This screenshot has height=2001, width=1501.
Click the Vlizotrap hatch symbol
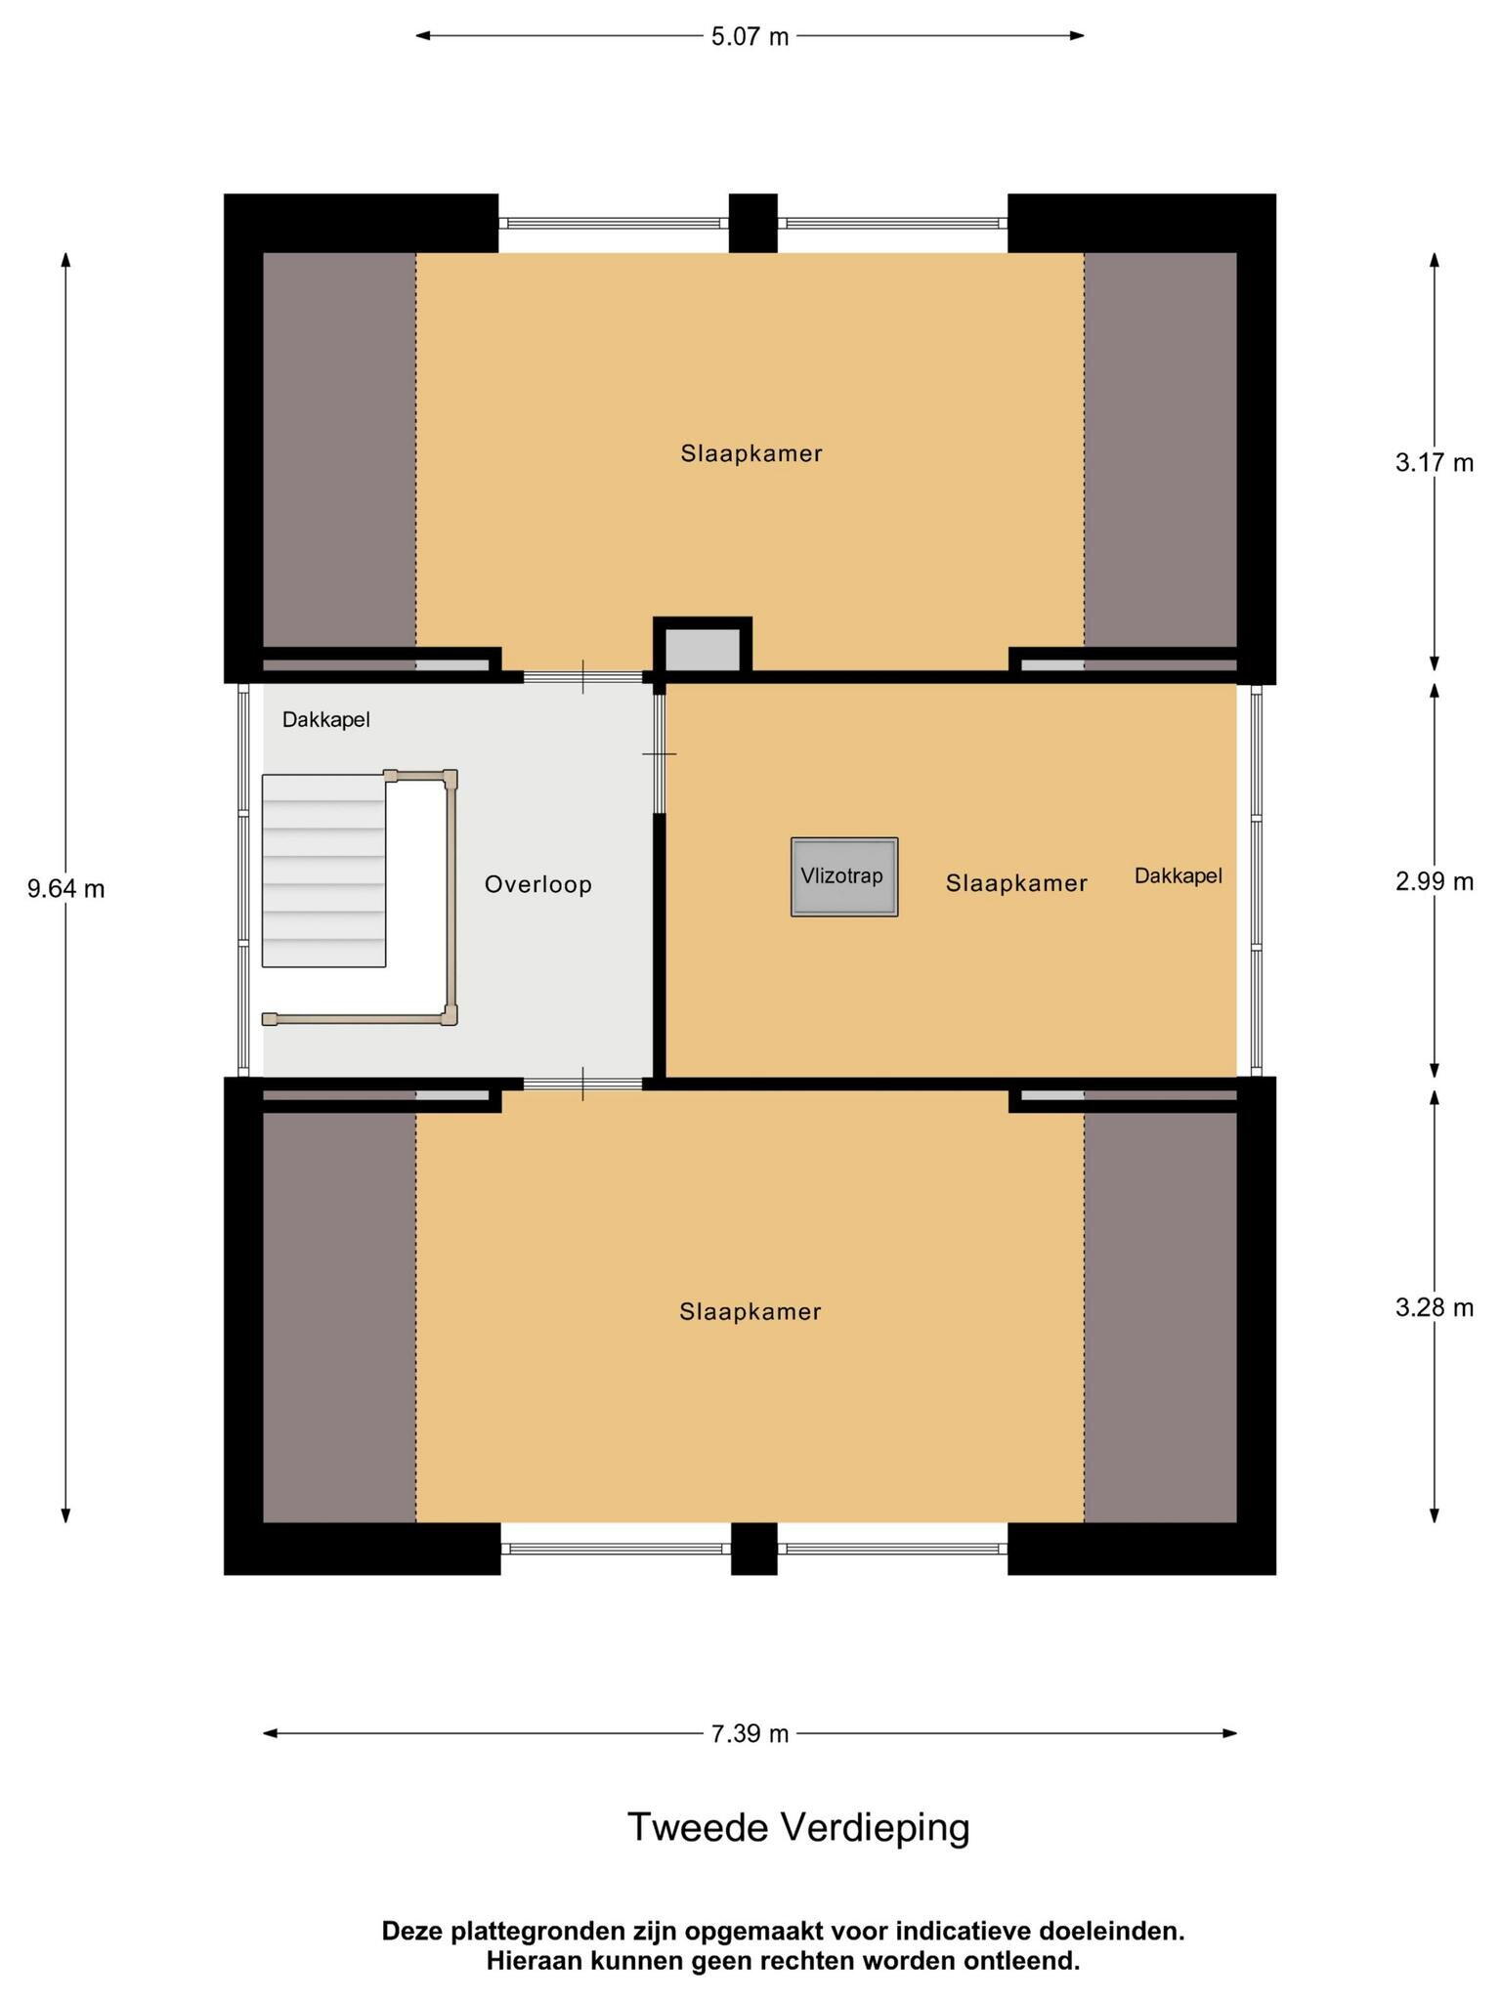tap(844, 876)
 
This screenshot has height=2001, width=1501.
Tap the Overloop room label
tap(538, 884)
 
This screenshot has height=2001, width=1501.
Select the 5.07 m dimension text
tap(750, 37)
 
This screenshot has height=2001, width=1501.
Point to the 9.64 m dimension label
tap(66, 889)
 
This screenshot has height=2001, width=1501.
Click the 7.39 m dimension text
tap(750, 1733)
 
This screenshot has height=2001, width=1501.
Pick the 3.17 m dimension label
tap(1435, 462)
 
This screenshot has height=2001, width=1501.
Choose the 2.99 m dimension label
tap(1435, 881)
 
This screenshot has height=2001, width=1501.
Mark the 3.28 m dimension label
tap(1435, 1307)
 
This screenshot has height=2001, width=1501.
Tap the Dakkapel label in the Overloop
tap(326, 720)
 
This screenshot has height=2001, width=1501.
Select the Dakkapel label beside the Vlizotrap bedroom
tap(1179, 876)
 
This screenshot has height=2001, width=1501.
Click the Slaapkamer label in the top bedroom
tap(751, 453)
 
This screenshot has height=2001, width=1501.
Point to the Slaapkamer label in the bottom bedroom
tap(750, 1311)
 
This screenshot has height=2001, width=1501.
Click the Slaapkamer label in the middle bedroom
tap(1016, 883)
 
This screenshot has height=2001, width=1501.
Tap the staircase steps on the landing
tap(323, 871)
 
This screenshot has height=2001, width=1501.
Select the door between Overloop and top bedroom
tap(583, 676)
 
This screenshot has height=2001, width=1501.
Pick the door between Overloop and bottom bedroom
tap(583, 1084)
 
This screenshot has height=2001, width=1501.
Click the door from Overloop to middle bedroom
tap(660, 753)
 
